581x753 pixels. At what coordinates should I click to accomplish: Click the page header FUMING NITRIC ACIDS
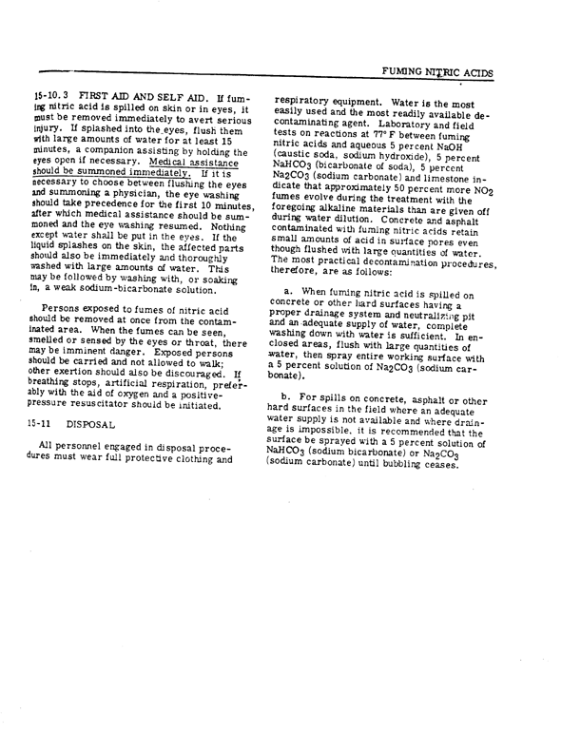(x=474, y=71)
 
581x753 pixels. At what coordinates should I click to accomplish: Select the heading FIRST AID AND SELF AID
(x=127, y=102)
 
